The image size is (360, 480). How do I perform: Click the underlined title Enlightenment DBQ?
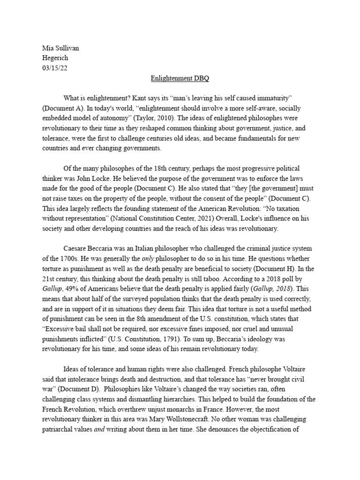click(180, 78)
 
